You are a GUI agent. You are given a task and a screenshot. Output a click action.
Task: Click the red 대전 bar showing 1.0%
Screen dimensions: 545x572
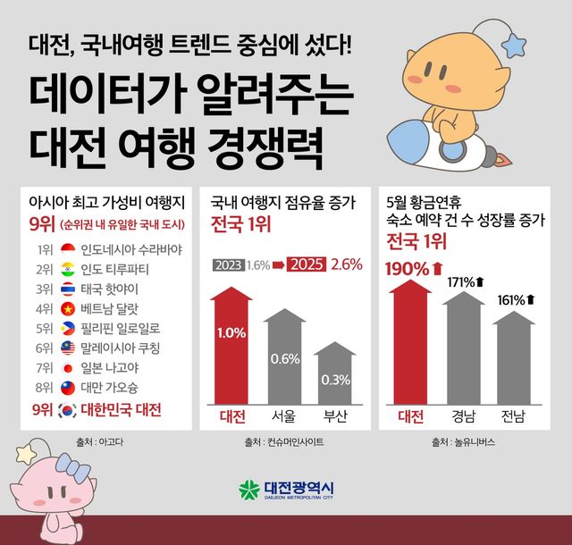pos(231,345)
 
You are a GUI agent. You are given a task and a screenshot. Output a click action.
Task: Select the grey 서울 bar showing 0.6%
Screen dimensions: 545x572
pos(285,357)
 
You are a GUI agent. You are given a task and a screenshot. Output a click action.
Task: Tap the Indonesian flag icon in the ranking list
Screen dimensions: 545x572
pos(67,248)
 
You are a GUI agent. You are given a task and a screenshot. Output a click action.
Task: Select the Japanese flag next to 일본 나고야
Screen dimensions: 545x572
pos(67,367)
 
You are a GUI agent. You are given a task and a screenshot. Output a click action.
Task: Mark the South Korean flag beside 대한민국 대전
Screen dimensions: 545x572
pos(66,410)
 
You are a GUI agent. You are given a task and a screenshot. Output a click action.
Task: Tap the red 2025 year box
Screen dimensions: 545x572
pos(306,264)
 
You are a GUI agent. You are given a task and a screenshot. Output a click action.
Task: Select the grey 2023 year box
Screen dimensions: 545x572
pos(228,264)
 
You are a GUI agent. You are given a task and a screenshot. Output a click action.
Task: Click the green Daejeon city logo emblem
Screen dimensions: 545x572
pos(248,490)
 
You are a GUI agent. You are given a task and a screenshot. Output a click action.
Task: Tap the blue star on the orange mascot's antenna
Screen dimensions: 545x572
pos(517,41)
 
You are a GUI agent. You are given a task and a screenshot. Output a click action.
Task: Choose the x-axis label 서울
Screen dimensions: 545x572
pos(285,416)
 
